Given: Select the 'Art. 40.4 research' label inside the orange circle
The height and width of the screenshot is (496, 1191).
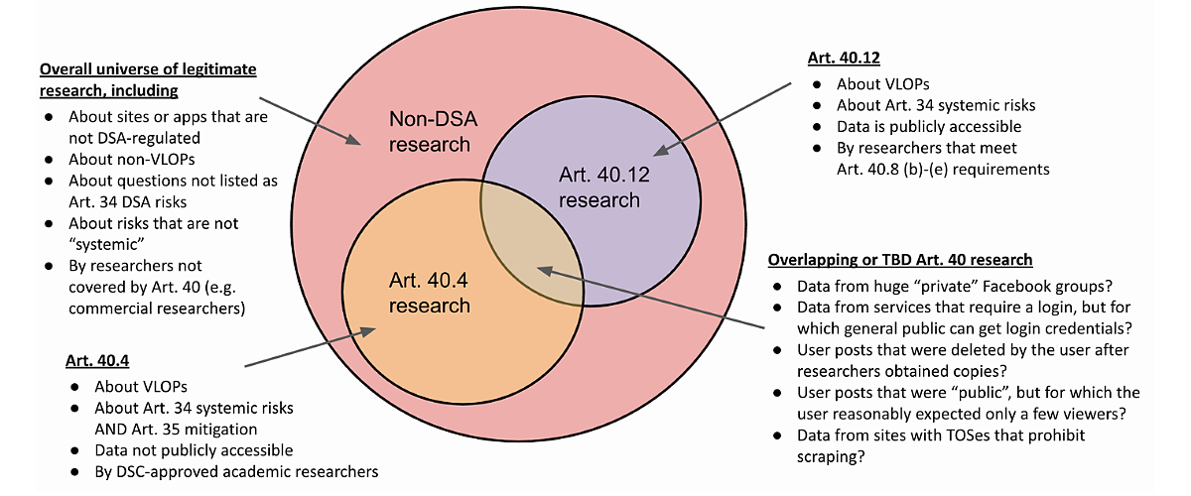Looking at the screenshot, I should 429,294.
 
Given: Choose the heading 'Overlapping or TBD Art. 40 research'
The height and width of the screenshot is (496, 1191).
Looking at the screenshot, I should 900,260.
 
